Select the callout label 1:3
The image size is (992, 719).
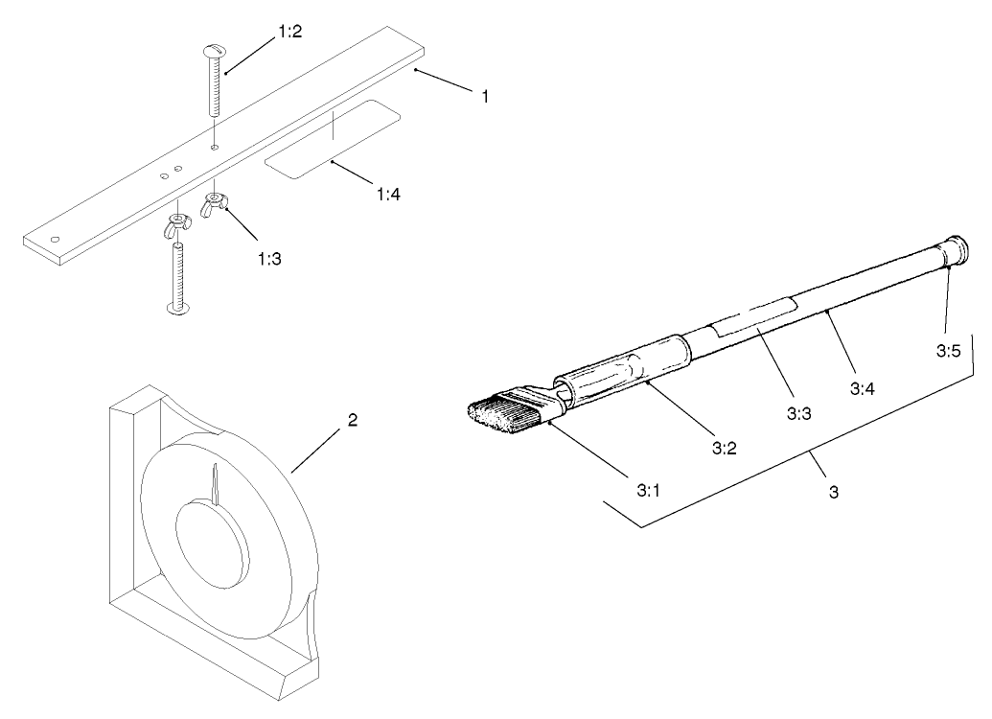click(x=270, y=258)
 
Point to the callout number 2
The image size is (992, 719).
click(x=353, y=421)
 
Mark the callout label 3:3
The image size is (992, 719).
click(x=798, y=414)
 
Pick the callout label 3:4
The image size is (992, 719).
click(x=863, y=389)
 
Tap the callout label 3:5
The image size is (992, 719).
click(x=948, y=351)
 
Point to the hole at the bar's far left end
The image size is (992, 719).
click(x=56, y=239)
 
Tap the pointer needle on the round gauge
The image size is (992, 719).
click(x=217, y=483)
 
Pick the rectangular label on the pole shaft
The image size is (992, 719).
click(x=754, y=316)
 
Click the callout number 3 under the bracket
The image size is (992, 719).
click(x=834, y=492)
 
